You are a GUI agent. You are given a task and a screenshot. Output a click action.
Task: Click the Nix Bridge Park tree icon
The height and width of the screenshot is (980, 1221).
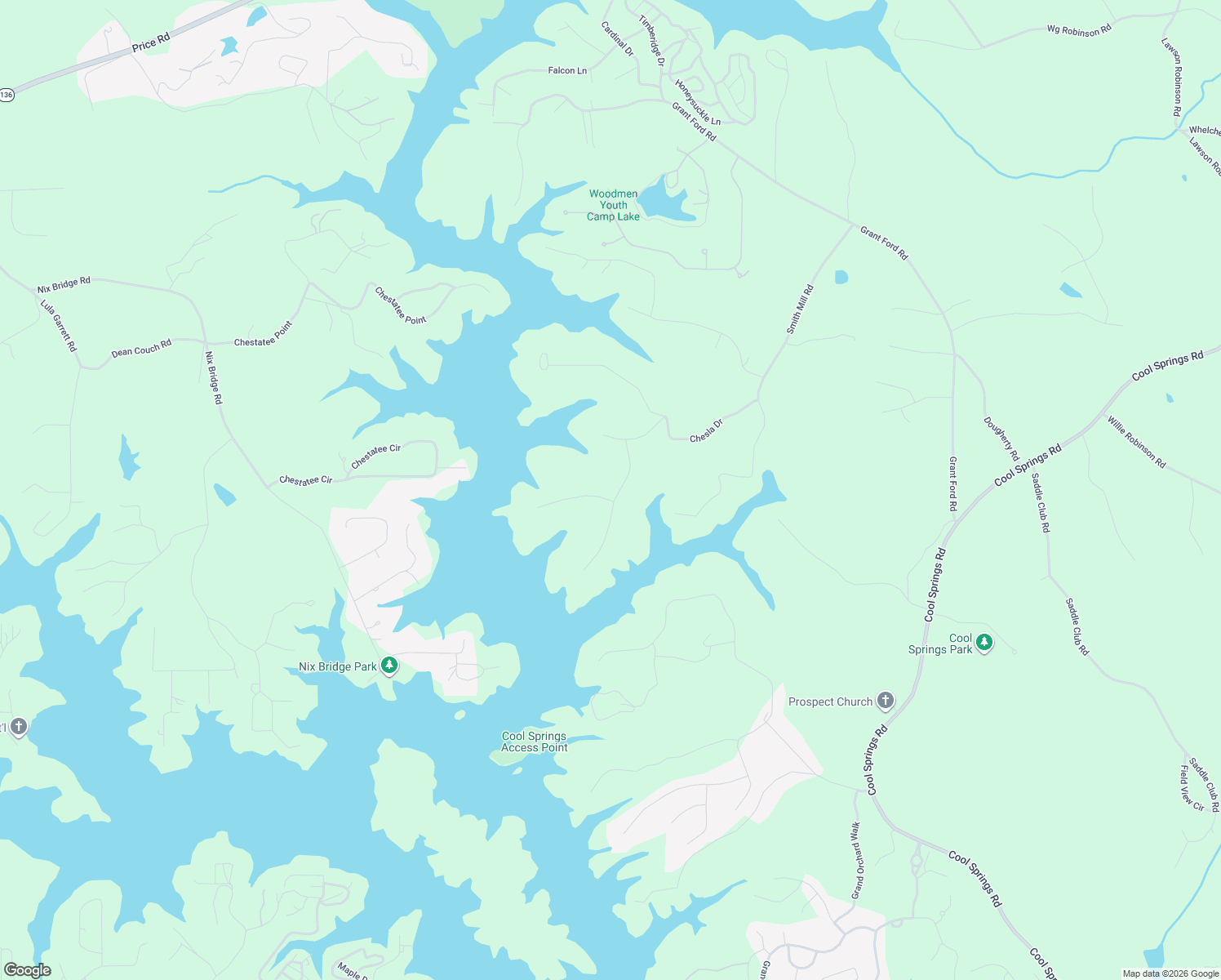[x=389, y=666]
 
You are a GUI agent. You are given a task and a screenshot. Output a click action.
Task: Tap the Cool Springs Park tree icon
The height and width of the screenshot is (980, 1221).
[x=984, y=642]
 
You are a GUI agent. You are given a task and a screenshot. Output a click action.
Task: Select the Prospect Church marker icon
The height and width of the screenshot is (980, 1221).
[x=885, y=701]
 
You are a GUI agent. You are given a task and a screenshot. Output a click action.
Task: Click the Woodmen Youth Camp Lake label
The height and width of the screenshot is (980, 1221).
[x=614, y=205]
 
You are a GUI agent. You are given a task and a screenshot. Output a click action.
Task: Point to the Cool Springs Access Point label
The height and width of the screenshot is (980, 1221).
[x=535, y=742]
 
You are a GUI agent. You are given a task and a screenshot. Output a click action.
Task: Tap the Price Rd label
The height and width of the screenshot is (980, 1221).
[x=151, y=42]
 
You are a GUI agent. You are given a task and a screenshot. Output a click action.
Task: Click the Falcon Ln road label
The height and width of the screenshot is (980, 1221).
[x=567, y=71]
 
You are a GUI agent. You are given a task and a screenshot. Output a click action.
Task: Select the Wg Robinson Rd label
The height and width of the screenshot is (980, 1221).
[x=1079, y=30]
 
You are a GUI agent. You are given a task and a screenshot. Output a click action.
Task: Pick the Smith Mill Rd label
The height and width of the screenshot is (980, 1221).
[x=800, y=309]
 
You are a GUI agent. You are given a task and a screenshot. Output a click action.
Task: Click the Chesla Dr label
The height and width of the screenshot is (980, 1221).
[x=706, y=431]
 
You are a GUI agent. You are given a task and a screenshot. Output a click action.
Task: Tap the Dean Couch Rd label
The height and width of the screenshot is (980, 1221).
[x=141, y=349]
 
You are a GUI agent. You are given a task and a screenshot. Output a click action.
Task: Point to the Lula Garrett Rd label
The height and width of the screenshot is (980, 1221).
[x=59, y=325]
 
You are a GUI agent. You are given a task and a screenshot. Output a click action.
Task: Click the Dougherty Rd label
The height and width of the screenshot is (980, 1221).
[x=1001, y=439]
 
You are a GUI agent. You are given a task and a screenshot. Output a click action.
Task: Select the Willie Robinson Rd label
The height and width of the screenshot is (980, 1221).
[x=1136, y=442]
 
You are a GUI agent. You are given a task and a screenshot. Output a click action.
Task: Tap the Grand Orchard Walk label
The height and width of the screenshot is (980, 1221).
[x=856, y=860]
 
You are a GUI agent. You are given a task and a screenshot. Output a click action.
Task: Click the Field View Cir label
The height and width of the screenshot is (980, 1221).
[x=1192, y=788]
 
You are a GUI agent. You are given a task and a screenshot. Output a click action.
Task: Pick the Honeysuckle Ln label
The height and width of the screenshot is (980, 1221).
[x=698, y=102]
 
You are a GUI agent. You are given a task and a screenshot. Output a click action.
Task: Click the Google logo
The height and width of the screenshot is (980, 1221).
[x=28, y=970]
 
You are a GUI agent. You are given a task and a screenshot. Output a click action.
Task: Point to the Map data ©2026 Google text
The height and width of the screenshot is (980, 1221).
[x=1170, y=973]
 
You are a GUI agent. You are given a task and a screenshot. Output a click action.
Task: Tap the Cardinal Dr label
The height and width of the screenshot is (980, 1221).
[x=617, y=38]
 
